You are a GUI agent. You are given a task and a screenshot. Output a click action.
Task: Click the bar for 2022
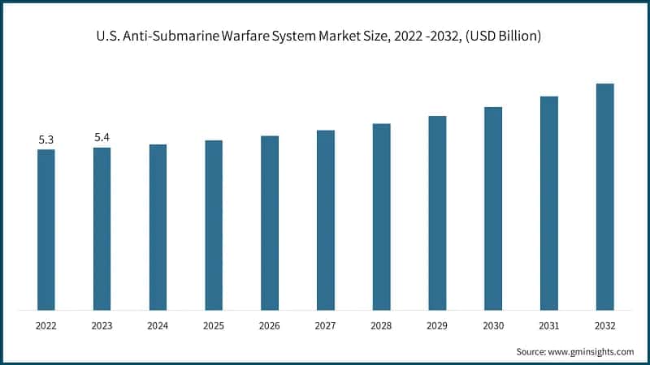[46, 230]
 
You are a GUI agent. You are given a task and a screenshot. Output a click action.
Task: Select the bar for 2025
[214, 225]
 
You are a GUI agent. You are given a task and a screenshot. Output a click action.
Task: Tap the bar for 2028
[381, 217]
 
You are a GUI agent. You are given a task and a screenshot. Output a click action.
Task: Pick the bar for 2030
[493, 208]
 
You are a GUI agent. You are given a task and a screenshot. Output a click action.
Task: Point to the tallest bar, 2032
[604, 196]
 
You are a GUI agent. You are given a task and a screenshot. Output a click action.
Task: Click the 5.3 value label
[46, 140]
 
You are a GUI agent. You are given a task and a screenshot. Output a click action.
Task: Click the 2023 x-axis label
[102, 325]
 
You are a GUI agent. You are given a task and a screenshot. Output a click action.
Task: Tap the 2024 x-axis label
[158, 325]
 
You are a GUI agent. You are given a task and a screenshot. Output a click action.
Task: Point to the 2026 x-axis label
[270, 325]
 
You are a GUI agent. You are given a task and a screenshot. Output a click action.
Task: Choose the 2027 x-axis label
[325, 325]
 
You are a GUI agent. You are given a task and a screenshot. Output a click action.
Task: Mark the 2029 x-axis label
[437, 325]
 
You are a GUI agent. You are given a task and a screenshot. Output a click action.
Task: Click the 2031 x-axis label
[548, 325]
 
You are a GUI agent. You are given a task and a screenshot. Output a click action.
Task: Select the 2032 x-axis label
[604, 325]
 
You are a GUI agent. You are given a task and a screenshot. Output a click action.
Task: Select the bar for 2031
[548, 203]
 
